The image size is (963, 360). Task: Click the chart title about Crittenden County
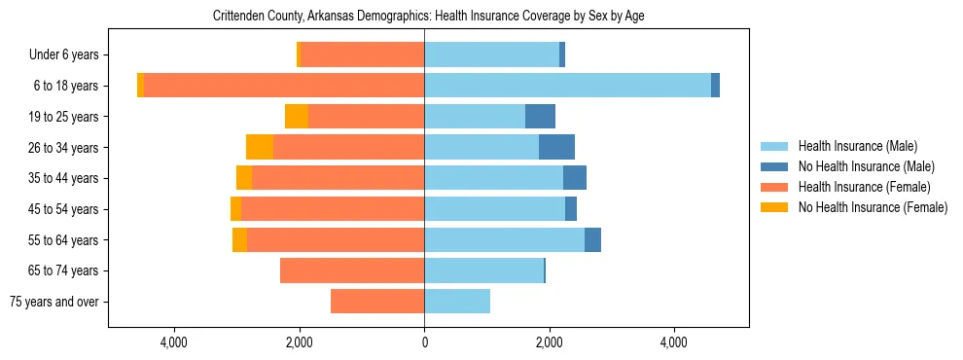point(428,16)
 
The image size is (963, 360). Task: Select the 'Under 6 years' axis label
point(70,54)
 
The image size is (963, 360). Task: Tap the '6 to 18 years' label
point(66,86)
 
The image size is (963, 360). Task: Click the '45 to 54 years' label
point(64,209)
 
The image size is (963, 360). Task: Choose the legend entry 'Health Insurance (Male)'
point(857,146)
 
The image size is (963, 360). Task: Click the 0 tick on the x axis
point(424,342)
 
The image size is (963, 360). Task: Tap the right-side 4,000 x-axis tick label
point(673,342)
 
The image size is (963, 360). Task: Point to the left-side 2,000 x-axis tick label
point(299,342)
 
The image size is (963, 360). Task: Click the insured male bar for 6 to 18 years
point(567,86)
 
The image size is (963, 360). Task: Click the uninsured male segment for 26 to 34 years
point(556,147)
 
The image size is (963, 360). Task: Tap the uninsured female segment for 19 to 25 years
point(297,117)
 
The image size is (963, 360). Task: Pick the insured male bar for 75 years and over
point(457,302)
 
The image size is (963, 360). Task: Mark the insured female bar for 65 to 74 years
point(352,270)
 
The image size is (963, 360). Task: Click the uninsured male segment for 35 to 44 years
point(575,178)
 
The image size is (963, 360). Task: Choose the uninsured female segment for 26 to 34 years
point(260,147)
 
